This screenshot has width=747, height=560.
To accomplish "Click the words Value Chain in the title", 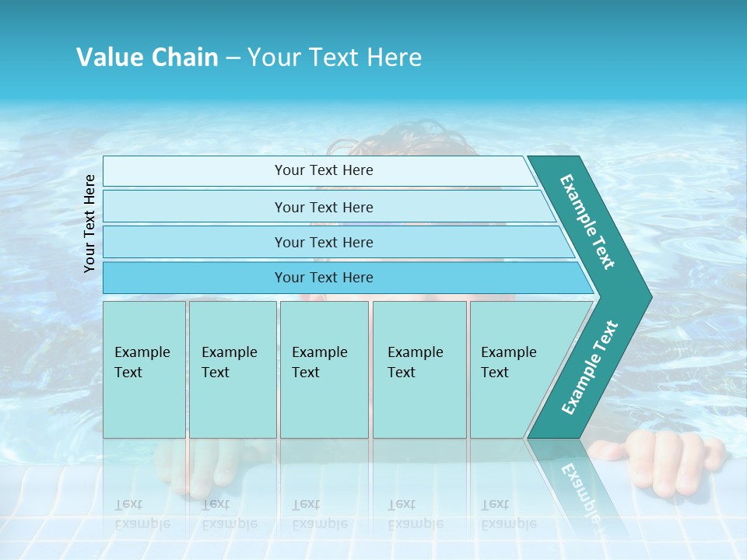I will (x=147, y=58).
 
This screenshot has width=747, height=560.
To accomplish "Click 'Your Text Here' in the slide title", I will (x=335, y=58).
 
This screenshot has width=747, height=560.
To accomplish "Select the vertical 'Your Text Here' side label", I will (x=89, y=223).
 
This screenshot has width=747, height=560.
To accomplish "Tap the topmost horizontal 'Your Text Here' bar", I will (x=323, y=170).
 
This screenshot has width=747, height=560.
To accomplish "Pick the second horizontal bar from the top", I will (x=323, y=207).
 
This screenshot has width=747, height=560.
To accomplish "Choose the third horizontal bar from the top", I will (x=323, y=242).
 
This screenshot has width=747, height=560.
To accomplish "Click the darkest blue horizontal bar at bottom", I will (x=323, y=278).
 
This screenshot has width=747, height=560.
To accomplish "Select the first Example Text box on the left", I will (x=144, y=369).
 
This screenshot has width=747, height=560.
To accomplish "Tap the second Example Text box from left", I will (x=232, y=369).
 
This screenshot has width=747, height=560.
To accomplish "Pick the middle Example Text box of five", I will (x=324, y=369).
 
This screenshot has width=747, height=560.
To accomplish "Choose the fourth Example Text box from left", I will (x=419, y=369).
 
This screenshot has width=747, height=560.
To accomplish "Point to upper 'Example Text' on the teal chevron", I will (x=587, y=222).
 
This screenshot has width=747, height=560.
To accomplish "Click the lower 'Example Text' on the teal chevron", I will (x=590, y=367).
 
